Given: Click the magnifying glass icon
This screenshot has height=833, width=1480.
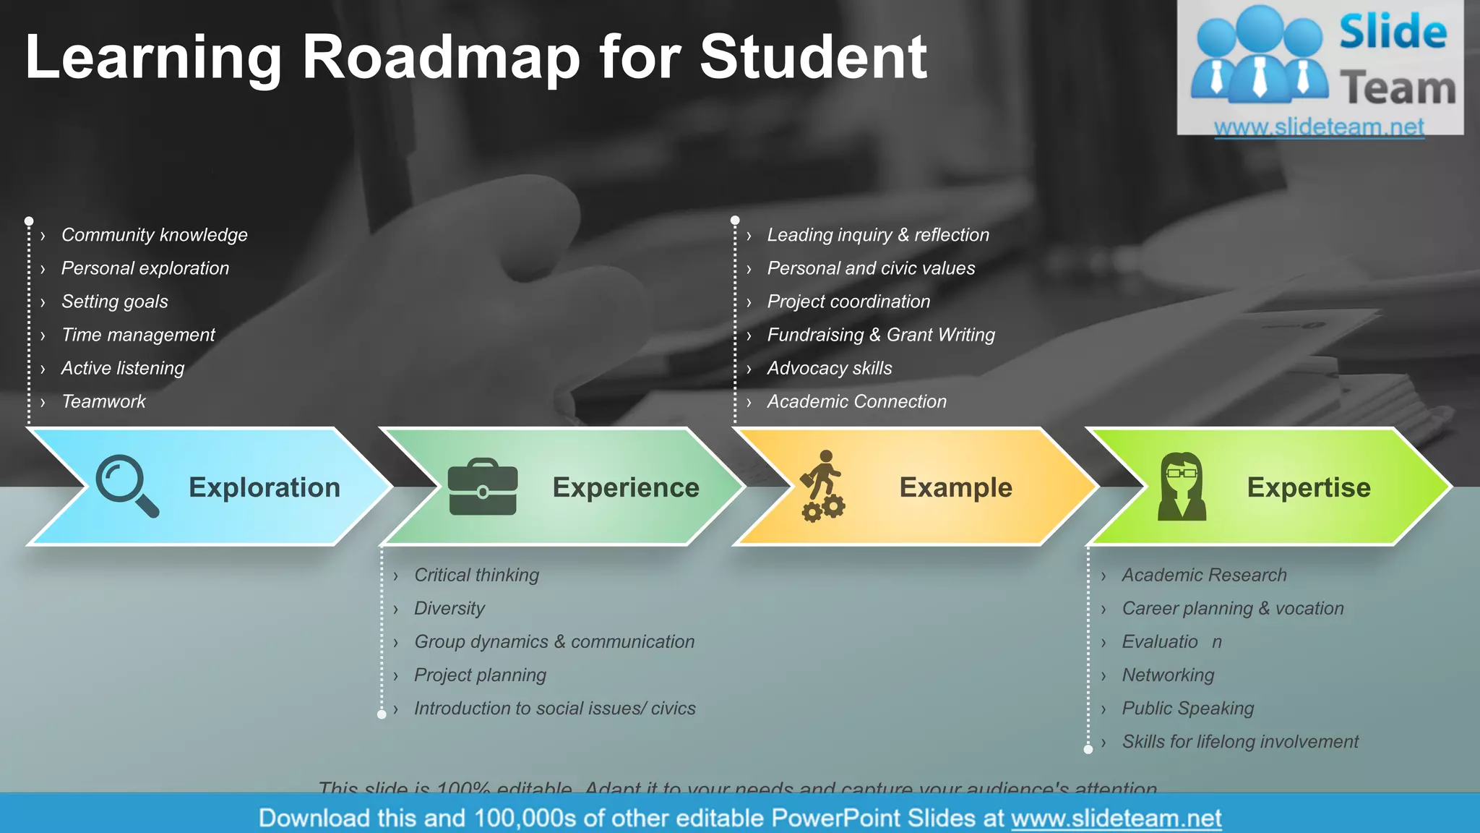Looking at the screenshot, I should [126, 485].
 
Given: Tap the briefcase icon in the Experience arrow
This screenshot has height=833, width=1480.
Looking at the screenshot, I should [483, 487].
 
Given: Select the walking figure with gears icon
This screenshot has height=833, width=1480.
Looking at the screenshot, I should [823, 486].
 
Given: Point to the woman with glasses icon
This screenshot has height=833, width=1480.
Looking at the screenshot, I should [1182, 487].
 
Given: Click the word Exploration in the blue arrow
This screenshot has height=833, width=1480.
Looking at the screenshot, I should [264, 487].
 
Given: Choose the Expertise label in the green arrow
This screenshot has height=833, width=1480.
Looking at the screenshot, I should [1309, 487].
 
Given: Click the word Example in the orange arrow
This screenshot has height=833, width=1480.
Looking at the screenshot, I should [955, 487].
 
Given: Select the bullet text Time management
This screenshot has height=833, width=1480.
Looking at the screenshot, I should [138, 335].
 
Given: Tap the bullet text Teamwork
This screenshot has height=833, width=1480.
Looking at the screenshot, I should [103, 401].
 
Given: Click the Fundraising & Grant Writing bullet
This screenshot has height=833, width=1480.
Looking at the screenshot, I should [881, 335].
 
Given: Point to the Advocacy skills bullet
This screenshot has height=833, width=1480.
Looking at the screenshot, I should [830, 368].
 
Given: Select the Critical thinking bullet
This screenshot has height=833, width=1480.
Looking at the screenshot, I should [477, 575].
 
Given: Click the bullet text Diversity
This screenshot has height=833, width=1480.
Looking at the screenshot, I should [449, 608].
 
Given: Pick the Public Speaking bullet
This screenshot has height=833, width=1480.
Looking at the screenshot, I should [1188, 708].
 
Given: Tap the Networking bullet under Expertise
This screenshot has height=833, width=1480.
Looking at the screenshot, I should [1168, 675].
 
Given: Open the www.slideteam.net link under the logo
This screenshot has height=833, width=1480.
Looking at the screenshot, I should [1319, 127].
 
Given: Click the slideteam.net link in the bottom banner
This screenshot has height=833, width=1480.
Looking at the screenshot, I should [1116, 818].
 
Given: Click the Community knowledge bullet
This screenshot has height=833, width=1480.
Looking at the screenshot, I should [154, 235].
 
